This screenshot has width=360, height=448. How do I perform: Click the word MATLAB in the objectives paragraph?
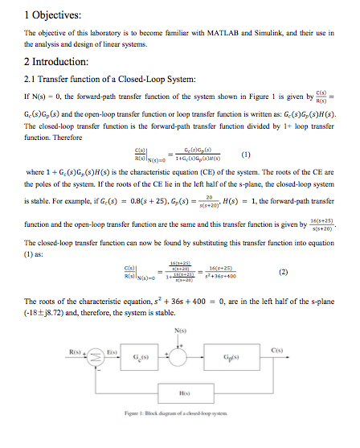coord(229,33)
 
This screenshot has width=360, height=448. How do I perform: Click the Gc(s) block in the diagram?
coord(142,352)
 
